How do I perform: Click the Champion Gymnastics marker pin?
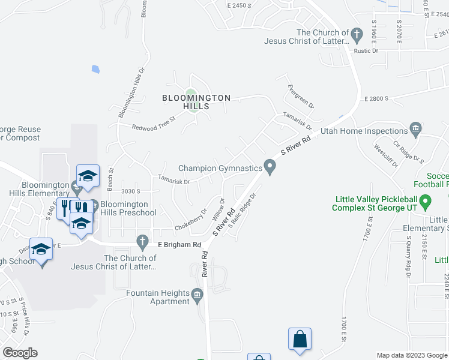tap(270, 167)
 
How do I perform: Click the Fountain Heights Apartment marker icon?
tap(197, 294)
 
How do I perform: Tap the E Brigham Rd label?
tap(179, 245)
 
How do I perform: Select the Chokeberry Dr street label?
tap(190, 220)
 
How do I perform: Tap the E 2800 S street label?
tap(376, 98)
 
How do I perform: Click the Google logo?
tap(20, 353)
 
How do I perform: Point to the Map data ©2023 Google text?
tap(411, 355)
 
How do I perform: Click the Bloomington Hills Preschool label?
tap(128, 208)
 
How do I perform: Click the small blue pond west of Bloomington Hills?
tap(95, 69)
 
